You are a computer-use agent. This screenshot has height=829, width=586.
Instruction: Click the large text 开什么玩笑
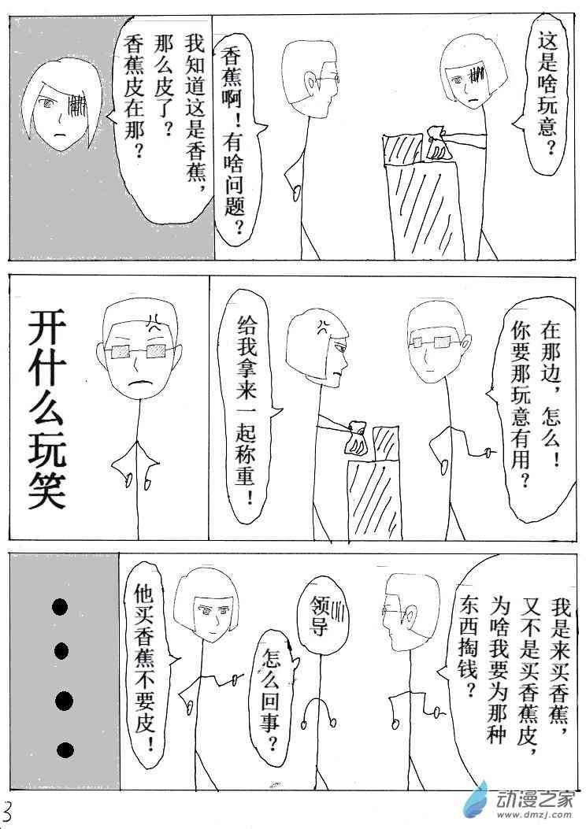(x=46, y=409)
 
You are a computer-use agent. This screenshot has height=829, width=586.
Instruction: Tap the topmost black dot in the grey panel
(x=60, y=607)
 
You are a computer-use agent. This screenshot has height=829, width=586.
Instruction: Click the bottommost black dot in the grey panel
(x=65, y=750)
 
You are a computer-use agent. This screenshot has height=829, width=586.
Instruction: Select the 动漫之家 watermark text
(x=536, y=797)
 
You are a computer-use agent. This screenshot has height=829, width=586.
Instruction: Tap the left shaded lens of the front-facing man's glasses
(x=121, y=350)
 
